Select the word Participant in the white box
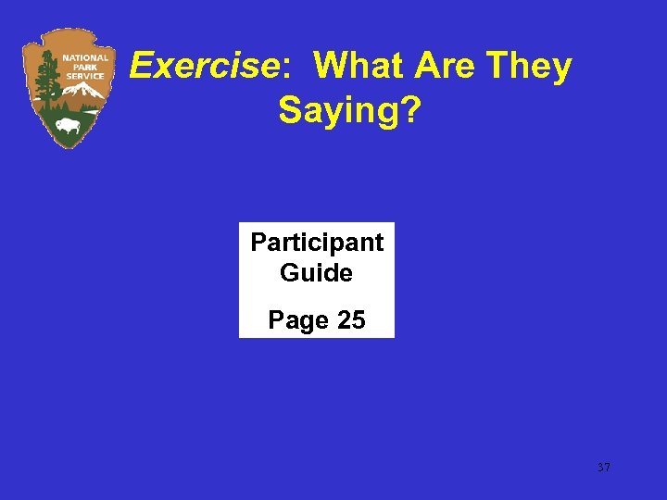point(317,243)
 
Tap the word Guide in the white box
point(316,273)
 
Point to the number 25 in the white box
point(351,320)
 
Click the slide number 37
point(604,468)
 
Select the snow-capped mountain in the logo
point(85,93)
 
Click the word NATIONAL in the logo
point(85,57)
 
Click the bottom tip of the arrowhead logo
point(66,147)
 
